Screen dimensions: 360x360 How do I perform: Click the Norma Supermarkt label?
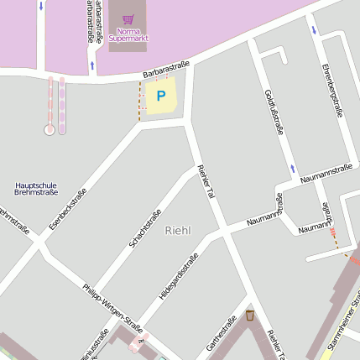pyautogui.click(x=128, y=35)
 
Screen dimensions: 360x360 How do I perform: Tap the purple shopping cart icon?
pyautogui.click(x=128, y=18)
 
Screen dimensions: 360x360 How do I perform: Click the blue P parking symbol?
pyautogui.click(x=160, y=97)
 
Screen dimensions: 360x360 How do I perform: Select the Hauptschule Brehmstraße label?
pyautogui.click(x=36, y=189)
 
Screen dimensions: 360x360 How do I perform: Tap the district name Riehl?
pyautogui.click(x=178, y=230)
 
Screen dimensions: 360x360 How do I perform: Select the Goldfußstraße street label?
pyautogui.click(x=274, y=112)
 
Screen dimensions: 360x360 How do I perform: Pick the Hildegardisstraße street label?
pyautogui.click(x=179, y=276)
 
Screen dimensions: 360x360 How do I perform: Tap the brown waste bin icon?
pyautogui.click(x=249, y=315)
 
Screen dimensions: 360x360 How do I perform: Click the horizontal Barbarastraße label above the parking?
pyautogui.click(x=165, y=68)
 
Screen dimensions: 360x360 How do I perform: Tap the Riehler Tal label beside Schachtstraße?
pyautogui.click(x=206, y=182)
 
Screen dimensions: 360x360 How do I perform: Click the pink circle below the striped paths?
pyautogui.click(x=50, y=129)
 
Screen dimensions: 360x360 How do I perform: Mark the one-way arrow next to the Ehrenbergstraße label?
pyautogui.click(x=315, y=30)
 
